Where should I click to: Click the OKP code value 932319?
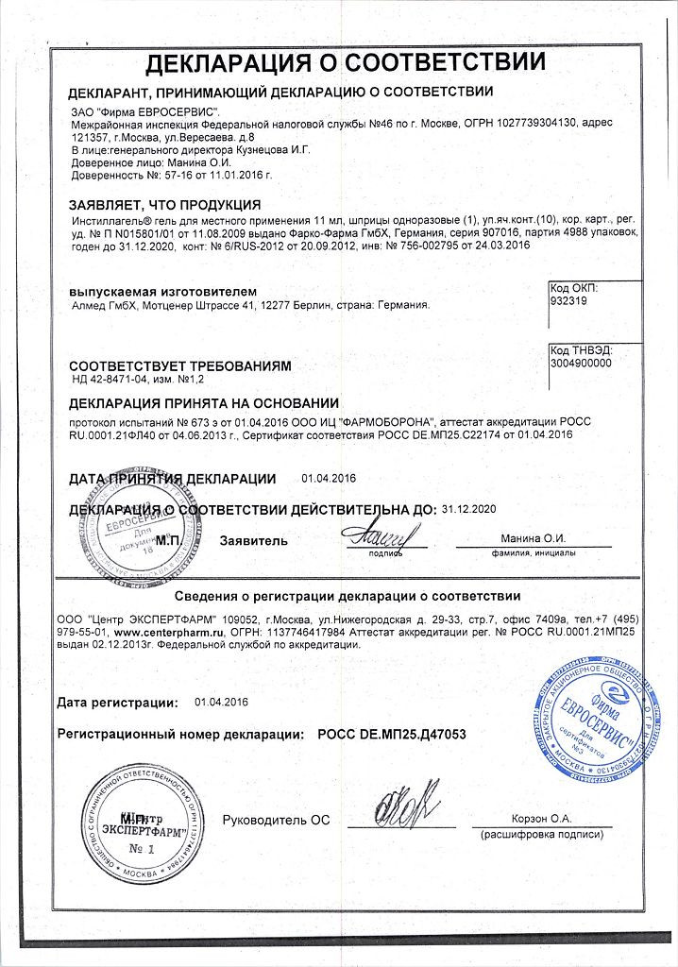point(568,302)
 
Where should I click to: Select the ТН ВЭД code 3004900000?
point(580,363)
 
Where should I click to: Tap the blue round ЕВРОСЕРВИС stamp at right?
point(593,721)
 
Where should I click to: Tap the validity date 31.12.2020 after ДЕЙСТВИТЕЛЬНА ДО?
point(468,509)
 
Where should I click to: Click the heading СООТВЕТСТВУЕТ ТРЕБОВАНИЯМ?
point(180,365)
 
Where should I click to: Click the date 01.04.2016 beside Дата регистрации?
point(221,702)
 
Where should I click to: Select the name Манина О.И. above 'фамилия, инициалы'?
point(533,538)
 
